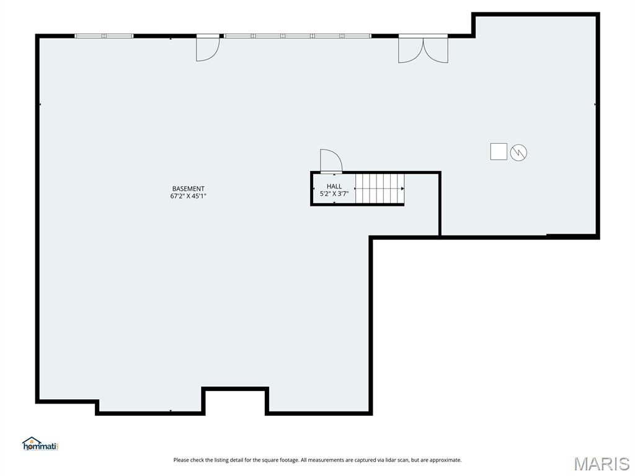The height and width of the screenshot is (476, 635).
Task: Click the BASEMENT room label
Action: tap(188, 188)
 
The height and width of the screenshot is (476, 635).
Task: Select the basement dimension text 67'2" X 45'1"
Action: tap(188, 196)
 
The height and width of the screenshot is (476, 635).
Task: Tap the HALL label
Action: tap(334, 186)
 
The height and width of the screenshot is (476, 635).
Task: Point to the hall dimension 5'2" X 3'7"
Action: tap(334, 193)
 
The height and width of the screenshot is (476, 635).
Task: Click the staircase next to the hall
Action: tap(379, 188)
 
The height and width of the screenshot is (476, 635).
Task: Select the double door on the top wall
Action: tap(423, 49)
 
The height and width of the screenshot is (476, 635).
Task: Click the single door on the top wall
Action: tap(207, 48)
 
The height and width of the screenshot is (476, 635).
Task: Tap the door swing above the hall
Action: tap(331, 161)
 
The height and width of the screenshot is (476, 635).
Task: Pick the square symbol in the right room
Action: tap(499, 151)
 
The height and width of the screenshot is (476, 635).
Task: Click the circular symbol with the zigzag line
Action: tap(518, 152)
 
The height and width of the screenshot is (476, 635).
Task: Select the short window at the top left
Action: tap(104, 36)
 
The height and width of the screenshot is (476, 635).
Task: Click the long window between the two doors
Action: tap(298, 36)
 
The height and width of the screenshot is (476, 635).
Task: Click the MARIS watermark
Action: tap(601, 464)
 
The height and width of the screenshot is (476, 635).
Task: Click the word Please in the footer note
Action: tap(181, 460)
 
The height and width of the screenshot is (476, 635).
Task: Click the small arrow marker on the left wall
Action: tap(40, 104)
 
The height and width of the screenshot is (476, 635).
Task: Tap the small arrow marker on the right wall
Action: tap(595, 104)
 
